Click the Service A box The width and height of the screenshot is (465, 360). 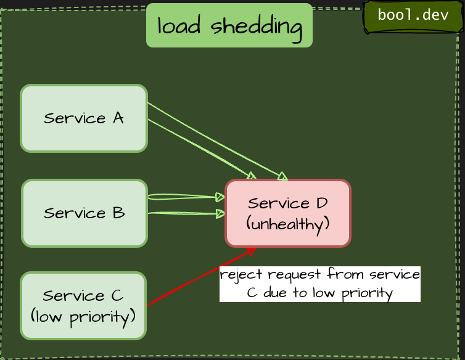(84, 118)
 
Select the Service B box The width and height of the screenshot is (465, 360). (84, 213)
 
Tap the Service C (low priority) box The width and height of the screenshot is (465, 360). (83, 306)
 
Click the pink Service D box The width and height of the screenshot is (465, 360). (288, 213)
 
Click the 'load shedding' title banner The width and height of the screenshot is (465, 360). (229, 26)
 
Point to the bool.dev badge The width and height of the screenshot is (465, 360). (413, 15)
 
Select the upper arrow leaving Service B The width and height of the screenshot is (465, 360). (185, 197)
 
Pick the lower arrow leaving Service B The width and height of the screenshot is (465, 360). (185, 214)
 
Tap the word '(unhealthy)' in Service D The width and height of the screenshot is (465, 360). (288, 224)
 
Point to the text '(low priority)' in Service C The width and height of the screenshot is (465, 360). (83, 317)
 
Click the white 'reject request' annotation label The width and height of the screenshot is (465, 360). (320, 284)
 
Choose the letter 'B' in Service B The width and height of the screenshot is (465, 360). (118, 213)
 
